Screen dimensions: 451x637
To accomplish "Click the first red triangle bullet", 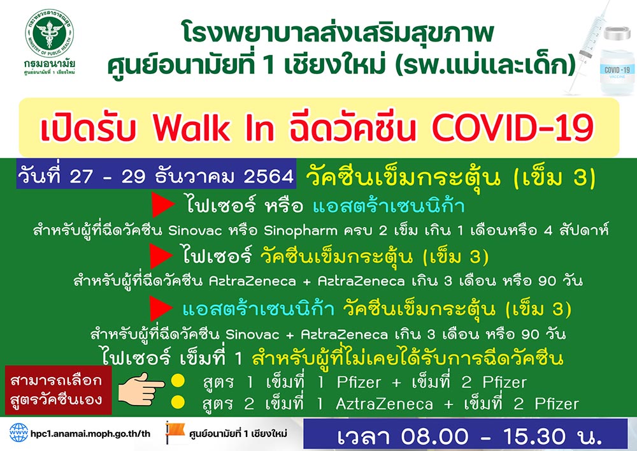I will (161, 205).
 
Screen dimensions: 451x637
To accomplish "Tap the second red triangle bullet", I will (159, 256).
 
